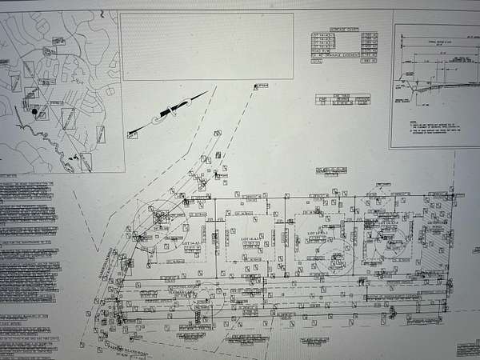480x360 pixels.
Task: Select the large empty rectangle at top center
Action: (207, 46)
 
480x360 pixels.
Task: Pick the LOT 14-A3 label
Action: (317, 232)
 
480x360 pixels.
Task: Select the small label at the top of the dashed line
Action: (260, 86)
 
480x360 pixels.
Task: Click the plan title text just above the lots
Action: (332, 170)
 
